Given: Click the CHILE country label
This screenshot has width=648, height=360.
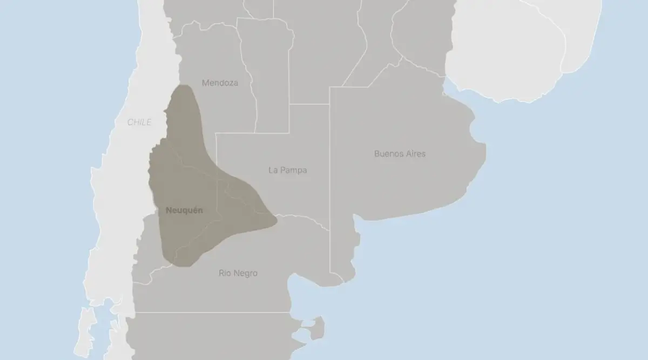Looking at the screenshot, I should (x=139, y=123).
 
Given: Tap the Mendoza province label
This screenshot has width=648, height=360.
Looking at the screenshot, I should (x=220, y=83).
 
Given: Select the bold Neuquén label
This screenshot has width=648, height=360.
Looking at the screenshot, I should (x=185, y=210).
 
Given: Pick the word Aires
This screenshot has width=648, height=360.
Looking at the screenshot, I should (x=415, y=154).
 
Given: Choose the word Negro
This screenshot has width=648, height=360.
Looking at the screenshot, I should (x=245, y=273).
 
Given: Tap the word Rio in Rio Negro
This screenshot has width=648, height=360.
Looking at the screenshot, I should (x=225, y=273).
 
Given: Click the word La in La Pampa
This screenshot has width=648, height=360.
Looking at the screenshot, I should (x=273, y=171).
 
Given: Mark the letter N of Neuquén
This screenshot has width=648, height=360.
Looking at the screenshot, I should (x=169, y=210).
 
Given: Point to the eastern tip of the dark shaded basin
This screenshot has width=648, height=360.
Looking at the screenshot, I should (x=275, y=219).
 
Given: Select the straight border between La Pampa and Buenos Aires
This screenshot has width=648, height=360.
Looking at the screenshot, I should (x=329, y=162).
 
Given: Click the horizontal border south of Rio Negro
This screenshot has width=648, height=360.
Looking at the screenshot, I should (x=216, y=312).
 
